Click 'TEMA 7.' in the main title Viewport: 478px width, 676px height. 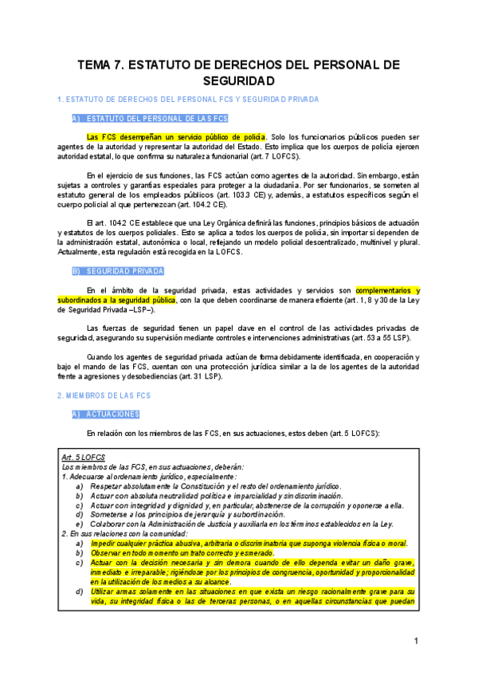pyautogui.click(x=100, y=65)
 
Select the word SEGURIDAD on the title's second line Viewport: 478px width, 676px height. pyautogui.click(x=239, y=81)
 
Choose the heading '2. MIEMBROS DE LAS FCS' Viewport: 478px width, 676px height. pyautogui.click(x=104, y=395)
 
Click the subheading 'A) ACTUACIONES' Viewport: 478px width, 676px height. pyautogui.click(x=106, y=415)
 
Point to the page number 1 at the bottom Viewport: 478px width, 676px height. pyautogui.click(x=416, y=642)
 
